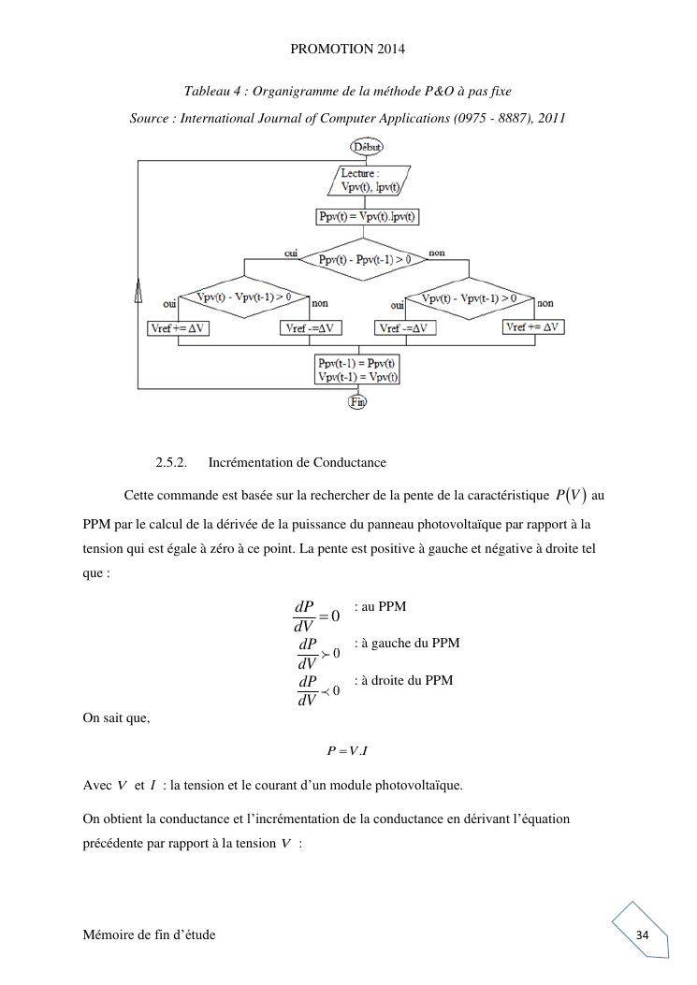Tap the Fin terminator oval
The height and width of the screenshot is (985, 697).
(357, 401)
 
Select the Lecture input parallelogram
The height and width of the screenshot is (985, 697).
(370, 180)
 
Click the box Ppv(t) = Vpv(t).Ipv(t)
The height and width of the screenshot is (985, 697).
(368, 217)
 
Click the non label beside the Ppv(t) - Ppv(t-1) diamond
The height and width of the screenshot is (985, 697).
(437, 253)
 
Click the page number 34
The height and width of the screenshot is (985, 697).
(642, 935)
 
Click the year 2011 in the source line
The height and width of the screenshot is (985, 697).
(550, 118)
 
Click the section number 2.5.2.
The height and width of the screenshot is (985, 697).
(172, 462)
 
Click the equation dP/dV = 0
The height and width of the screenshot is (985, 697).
(316, 616)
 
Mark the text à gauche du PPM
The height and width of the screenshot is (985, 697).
(407, 644)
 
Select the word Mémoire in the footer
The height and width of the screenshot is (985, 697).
(109, 935)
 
